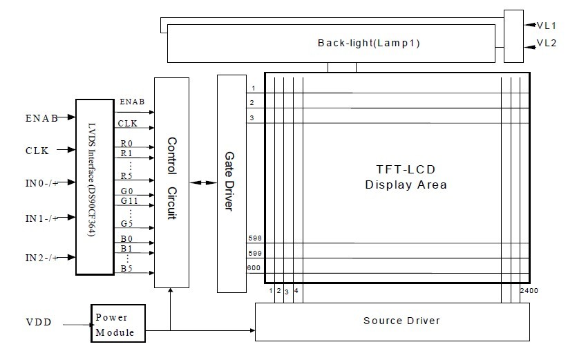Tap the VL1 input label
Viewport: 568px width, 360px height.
(x=547, y=24)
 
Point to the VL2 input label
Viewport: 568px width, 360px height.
(x=547, y=44)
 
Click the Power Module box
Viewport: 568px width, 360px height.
(x=118, y=325)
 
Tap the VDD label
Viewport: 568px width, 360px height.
(x=38, y=323)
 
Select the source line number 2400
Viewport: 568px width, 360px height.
(x=529, y=292)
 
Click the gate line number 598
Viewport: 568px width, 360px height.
(x=253, y=238)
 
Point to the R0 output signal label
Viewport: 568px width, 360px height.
(x=127, y=144)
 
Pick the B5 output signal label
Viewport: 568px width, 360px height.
(x=127, y=268)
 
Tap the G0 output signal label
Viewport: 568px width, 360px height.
(x=127, y=191)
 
